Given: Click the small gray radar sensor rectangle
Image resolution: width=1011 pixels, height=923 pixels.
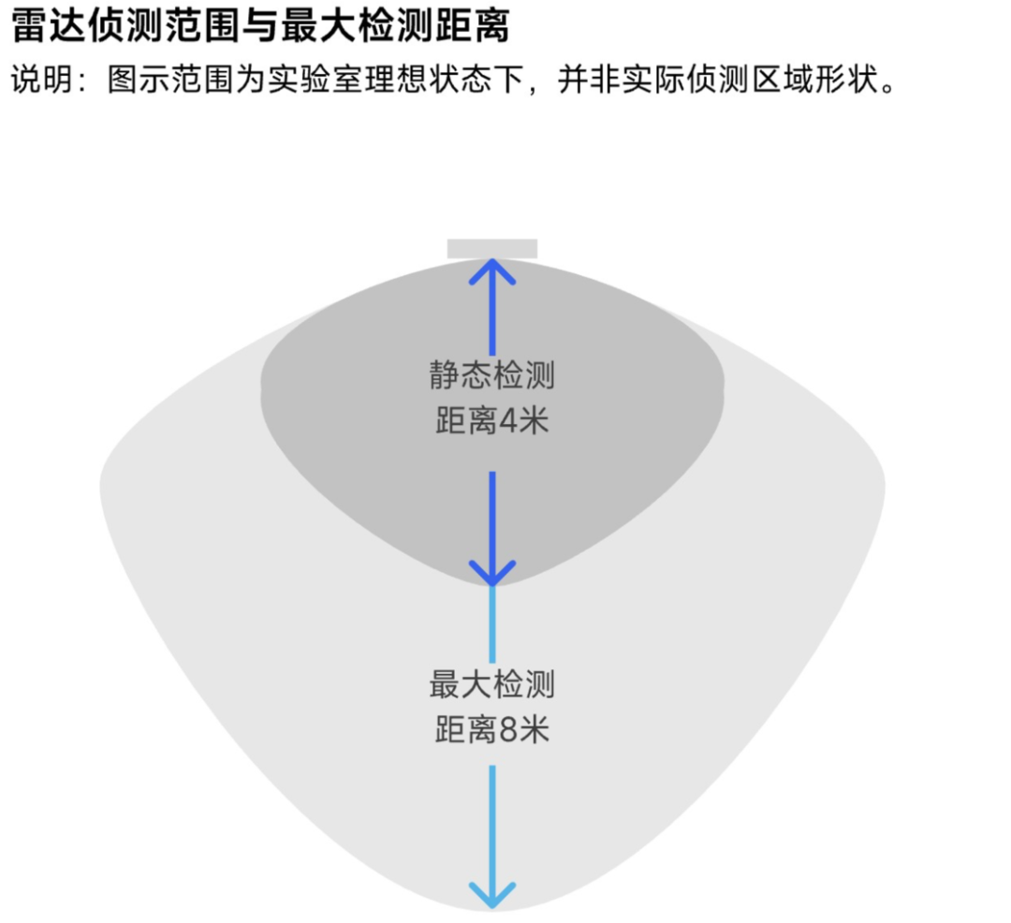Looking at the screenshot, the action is click(x=492, y=248).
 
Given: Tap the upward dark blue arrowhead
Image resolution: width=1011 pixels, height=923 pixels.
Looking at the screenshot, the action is click(x=492, y=271).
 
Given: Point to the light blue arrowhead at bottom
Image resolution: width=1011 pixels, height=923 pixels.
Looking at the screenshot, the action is click(x=492, y=893).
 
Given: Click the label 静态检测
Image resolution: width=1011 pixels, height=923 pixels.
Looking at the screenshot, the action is click(x=492, y=375).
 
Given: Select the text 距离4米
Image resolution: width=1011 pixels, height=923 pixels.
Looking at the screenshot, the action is click(x=492, y=421).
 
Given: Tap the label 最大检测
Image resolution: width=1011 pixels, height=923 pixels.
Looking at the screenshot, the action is click(x=492, y=684).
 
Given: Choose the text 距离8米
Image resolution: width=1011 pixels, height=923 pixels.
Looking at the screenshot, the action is click(x=492, y=730).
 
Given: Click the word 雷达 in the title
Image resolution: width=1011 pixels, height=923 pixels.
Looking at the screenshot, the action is click(x=46, y=27).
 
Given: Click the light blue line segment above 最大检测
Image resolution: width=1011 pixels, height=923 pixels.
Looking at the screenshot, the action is click(x=492, y=623).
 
